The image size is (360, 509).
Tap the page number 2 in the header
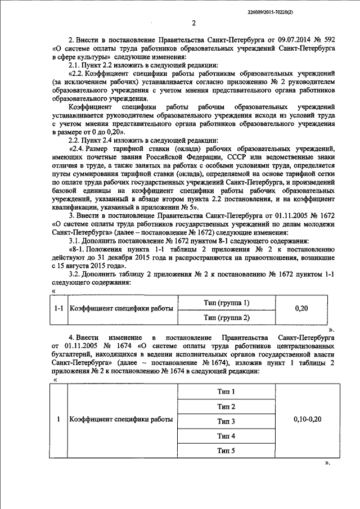pyautogui.click(x=193, y=23)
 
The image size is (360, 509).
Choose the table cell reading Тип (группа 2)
pyautogui.click(x=227, y=318)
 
